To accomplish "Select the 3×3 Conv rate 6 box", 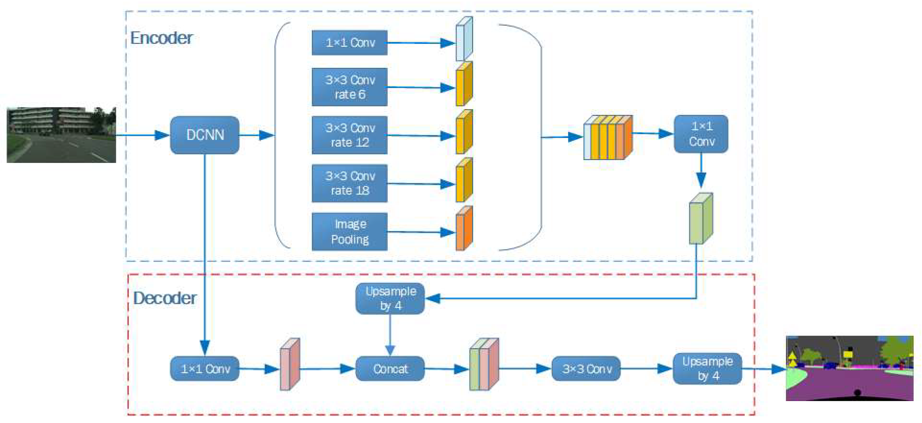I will coord(349,87).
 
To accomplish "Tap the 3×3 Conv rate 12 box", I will coord(349,135).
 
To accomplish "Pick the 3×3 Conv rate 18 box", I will coord(349,183).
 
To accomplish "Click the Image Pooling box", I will coord(349,232).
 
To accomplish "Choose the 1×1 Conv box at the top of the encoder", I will coord(349,43).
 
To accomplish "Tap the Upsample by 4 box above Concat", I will coord(390,298).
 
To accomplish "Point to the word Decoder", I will coord(165,298).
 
